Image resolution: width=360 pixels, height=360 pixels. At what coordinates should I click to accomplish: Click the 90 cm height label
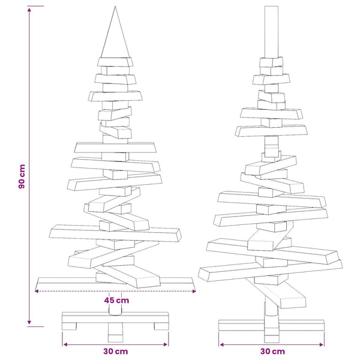[x=22, y=176]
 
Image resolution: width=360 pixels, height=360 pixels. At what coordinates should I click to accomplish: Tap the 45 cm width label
[x=116, y=301]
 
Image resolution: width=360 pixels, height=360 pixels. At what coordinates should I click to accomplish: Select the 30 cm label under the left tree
[x=115, y=351]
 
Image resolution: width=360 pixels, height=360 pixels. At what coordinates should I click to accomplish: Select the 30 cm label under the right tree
[x=272, y=351]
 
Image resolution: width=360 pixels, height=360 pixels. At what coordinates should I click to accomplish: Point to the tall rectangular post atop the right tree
[x=271, y=32]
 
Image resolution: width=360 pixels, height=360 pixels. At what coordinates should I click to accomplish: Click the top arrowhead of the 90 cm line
[x=29, y=10]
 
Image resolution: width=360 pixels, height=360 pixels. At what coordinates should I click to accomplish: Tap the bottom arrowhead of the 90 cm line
[x=29, y=322]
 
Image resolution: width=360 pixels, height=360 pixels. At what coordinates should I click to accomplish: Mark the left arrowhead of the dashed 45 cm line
[x=37, y=291]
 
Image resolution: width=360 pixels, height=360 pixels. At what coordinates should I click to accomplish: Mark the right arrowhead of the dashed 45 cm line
[x=194, y=291]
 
